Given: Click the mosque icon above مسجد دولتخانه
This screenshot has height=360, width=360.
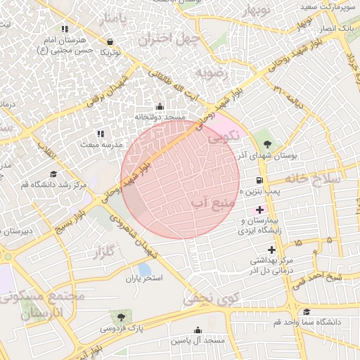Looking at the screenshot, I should pyautogui.click(x=159, y=107).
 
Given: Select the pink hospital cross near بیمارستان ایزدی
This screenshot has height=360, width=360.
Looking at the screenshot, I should pyautogui.click(x=260, y=210).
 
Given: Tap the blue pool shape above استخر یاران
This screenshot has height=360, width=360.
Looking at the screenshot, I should pyautogui.click(x=144, y=269).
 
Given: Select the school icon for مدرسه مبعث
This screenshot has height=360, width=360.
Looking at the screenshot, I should pyautogui.click(x=100, y=133).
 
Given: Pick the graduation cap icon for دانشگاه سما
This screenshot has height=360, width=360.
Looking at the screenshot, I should pyautogui.click(x=306, y=312).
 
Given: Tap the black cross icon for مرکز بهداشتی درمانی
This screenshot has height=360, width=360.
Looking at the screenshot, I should pyautogui.click(x=271, y=250).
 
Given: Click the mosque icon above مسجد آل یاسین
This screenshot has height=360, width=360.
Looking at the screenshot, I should pyautogui.click(x=198, y=330).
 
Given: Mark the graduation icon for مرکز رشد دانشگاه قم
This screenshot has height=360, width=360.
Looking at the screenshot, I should pyautogui.click(x=53, y=174).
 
